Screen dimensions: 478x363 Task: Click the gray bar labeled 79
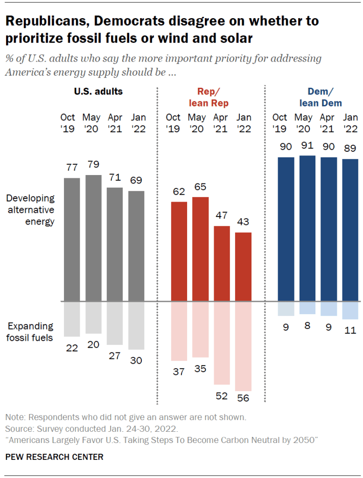pyautogui.click(x=93, y=238)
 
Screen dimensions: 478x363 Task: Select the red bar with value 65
pyautogui.click(x=201, y=249)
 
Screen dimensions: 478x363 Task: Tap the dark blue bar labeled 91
pyautogui.click(x=307, y=228)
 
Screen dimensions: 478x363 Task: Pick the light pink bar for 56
pyautogui.click(x=244, y=346)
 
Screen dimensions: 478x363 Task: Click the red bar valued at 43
pyautogui.click(x=244, y=267)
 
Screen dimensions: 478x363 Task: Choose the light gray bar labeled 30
pyautogui.click(x=136, y=325)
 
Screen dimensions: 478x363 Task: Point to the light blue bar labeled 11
pyautogui.click(x=350, y=310)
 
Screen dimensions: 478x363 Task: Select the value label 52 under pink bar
pyautogui.click(x=222, y=396)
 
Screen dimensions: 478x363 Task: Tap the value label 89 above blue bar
pyautogui.click(x=350, y=149)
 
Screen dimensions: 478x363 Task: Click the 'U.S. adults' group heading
pyautogui.click(x=98, y=91)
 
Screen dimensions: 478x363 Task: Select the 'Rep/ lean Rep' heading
pyautogui.click(x=208, y=97)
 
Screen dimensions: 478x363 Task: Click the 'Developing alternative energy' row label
pyautogui.click(x=30, y=210)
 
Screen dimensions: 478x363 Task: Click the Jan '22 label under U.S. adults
pyautogui.click(x=136, y=123)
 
